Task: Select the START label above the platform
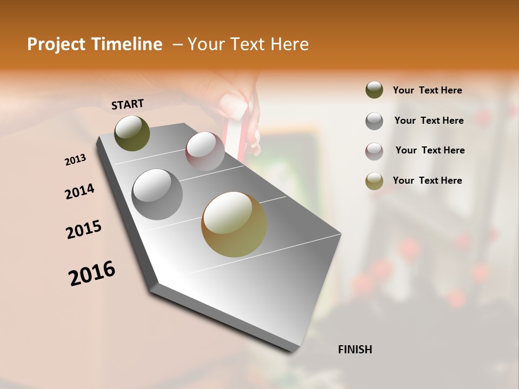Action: [128, 104]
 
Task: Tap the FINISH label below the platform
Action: [355, 350]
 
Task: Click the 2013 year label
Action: [75, 160]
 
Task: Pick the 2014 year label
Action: [79, 191]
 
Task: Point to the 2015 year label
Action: [84, 230]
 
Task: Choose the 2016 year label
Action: [92, 273]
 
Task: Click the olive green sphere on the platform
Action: [132, 133]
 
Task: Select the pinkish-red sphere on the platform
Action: [205, 151]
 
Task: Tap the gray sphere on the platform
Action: [157, 194]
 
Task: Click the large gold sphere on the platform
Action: [234, 224]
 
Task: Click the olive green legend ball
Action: [374, 90]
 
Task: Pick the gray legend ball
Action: [374, 120]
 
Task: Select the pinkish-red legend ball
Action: [374, 151]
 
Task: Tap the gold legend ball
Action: [374, 181]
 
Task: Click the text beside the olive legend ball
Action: [427, 90]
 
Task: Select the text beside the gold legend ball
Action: [427, 180]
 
